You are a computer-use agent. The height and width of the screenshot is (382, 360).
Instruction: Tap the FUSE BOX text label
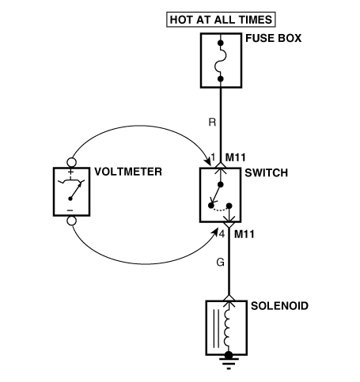[x=273, y=38]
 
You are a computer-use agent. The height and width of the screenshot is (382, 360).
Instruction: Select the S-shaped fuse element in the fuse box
[x=221, y=61]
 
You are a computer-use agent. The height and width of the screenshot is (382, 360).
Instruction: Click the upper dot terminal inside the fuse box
[x=221, y=43]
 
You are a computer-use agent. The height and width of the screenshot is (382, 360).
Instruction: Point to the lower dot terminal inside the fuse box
[x=221, y=79]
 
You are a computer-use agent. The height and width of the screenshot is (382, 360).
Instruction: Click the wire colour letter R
[x=212, y=123]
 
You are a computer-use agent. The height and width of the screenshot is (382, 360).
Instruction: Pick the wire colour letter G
[x=220, y=263]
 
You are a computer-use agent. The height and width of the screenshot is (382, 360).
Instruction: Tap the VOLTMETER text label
[x=128, y=172]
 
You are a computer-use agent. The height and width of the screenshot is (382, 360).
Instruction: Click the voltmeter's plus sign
[x=70, y=172]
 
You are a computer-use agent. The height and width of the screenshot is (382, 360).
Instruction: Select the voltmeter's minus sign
[x=70, y=210]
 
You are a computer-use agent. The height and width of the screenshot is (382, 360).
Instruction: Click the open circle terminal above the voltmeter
[x=72, y=162]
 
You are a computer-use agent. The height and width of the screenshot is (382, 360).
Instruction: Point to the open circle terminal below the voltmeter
[x=72, y=221]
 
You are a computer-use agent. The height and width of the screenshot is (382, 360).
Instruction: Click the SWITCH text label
[x=266, y=173]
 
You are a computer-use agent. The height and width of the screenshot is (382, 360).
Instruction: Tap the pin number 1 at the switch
[x=213, y=157]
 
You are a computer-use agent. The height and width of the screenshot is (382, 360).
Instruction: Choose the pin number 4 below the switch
[x=222, y=234]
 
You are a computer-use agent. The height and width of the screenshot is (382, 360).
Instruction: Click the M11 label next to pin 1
[x=235, y=157]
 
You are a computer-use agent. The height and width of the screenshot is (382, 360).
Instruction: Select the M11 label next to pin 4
[x=244, y=234]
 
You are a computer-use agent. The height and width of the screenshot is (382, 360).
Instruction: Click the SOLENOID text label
[x=279, y=306]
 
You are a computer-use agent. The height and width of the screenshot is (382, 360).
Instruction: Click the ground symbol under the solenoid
[x=229, y=362]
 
